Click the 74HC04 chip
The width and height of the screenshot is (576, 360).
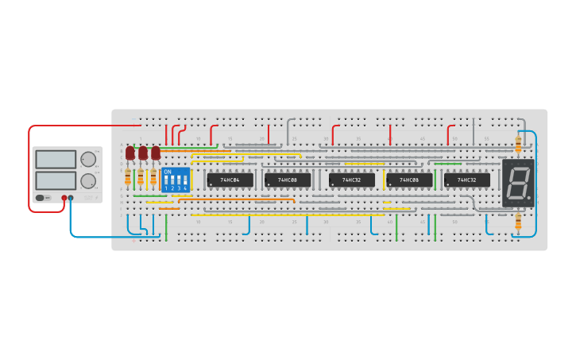(x=230, y=180)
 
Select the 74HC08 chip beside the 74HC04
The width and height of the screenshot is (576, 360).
(x=288, y=180)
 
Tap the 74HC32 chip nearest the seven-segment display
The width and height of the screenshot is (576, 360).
(x=467, y=180)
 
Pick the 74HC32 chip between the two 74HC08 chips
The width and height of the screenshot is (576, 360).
(x=352, y=180)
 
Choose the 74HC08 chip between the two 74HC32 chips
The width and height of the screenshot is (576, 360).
(x=409, y=180)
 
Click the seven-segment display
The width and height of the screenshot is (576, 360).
(x=518, y=184)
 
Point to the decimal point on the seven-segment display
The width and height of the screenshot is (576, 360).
(x=529, y=198)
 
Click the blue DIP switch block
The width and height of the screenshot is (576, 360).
(x=176, y=179)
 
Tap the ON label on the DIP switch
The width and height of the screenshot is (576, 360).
(x=167, y=172)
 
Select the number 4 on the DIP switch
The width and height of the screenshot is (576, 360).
(x=185, y=188)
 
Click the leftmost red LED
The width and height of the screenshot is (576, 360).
(x=130, y=152)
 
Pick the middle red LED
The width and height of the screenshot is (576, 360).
(x=143, y=152)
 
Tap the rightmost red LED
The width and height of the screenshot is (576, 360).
(x=156, y=152)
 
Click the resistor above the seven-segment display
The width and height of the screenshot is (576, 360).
(x=519, y=144)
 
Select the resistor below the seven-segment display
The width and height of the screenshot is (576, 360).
(x=519, y=223)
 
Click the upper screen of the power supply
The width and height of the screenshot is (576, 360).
(x=56, y=158)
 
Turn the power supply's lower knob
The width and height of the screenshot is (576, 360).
(x=87, y=179)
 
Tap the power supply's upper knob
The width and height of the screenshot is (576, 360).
(x=87, y=157)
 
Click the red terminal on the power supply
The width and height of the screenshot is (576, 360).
(x=64, y=198)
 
